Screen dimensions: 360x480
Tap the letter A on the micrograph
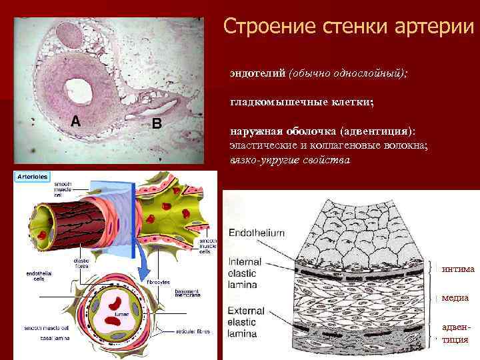click(x=75, y=121)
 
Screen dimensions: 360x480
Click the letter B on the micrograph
click(x=156, y=123)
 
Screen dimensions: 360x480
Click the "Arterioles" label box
click(x=31, y=177)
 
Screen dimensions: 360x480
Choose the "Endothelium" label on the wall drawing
click(x=257, y=233)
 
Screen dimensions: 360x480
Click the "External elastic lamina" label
click(x=247, y=319)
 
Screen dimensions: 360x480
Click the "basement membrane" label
click(x=189, y=294)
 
